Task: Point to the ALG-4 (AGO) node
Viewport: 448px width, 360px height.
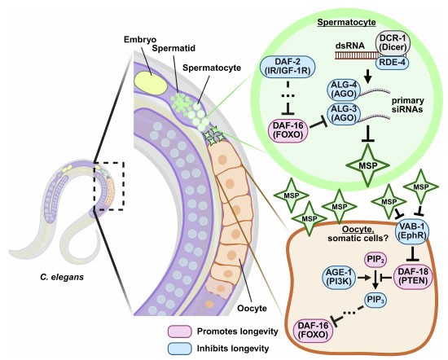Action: click(x=343, y=90)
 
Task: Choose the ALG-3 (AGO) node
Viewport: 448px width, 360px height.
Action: click(x=343, y=114)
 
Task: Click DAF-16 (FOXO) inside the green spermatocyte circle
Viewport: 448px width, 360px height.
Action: click(x=288, y=130)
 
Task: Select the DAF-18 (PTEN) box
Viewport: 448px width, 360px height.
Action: click(x=413, y=276)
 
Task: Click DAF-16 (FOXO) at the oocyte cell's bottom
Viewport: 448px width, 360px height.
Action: click(x=313, y=331)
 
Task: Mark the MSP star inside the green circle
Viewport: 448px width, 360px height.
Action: click(x=368, y=165)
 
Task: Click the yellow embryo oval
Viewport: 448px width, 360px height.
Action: click(x=151, y=81)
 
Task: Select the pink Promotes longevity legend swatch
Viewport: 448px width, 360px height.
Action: click(x=180, y=331)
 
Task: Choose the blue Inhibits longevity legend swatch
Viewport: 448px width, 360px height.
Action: click(x=180, y=349)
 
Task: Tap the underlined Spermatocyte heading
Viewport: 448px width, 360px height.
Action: click(x=346, y=22)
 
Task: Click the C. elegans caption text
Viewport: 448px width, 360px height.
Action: click(x=62, y=277)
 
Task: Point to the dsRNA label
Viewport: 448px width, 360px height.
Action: click(x=350, y=46)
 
